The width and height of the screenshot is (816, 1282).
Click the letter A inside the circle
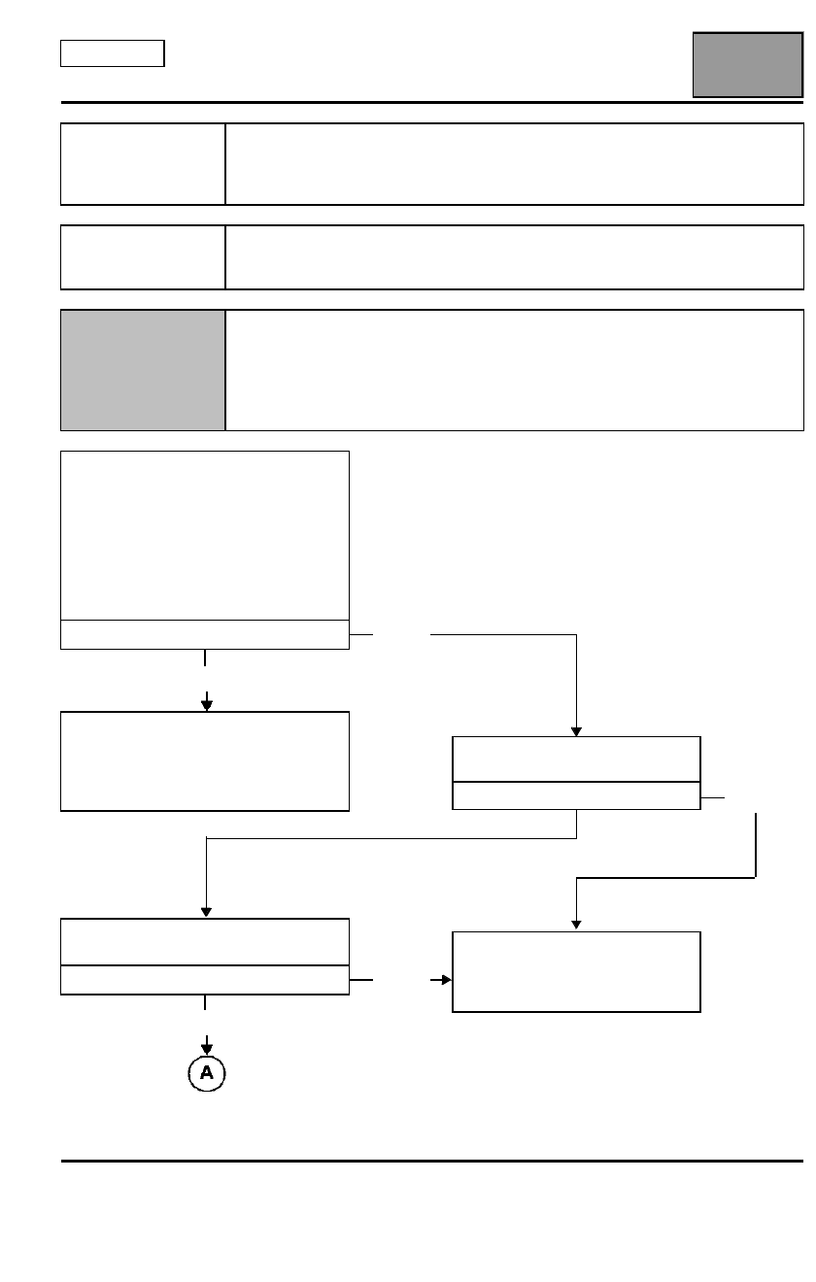207,1072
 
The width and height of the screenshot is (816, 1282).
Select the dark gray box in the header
748,65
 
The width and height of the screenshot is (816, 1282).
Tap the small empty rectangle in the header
113,53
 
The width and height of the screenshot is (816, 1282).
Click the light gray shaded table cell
143,370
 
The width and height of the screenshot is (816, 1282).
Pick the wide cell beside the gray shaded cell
515,370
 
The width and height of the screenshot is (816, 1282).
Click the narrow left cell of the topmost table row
143,164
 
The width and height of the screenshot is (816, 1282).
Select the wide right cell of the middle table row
515,257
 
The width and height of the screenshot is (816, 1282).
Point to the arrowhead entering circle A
207,1050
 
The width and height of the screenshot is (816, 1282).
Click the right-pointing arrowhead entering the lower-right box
447,980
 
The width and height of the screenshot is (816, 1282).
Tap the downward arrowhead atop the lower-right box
577,925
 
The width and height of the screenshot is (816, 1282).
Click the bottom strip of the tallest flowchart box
205,634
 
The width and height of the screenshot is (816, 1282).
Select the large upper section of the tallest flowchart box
205,535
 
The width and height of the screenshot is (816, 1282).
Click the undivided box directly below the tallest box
205,761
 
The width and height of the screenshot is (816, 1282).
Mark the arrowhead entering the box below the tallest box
207,706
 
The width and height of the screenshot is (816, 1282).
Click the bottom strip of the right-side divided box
577,795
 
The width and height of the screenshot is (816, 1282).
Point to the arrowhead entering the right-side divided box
577,732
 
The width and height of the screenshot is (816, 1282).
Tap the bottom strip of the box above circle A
205,980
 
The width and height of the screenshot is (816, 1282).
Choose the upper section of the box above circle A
205,942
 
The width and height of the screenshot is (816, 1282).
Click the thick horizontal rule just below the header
432,102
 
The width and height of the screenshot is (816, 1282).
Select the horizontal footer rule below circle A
432,1161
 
